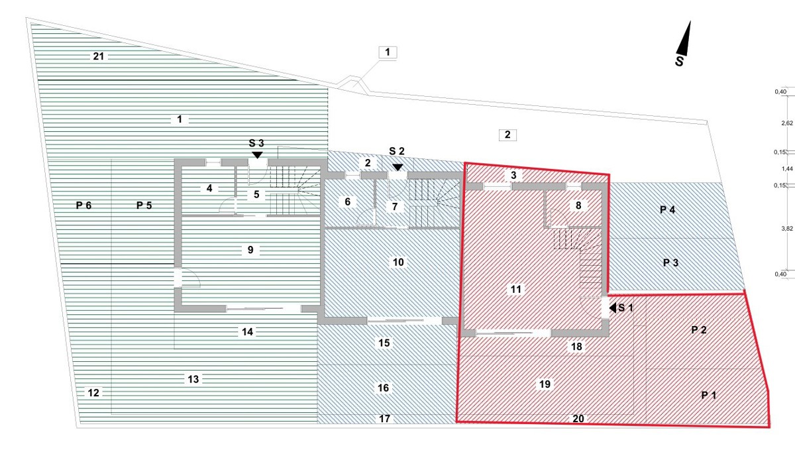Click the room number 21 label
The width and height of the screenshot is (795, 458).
[98, 56]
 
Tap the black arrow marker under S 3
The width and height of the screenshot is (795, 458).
[257, 155]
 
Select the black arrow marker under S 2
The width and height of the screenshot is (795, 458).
[398, 167]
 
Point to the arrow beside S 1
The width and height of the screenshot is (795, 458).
[613, 308]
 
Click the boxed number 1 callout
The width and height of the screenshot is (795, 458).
[388, 52]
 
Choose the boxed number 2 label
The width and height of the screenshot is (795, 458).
[507, 135]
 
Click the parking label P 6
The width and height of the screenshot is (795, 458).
[83, 205]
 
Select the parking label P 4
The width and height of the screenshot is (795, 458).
[667, 210]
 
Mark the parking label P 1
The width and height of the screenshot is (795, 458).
[709, 395]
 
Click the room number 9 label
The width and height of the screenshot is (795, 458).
[250, 250]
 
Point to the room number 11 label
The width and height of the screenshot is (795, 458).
[515, 290]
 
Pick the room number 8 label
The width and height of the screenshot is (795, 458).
[578, 205]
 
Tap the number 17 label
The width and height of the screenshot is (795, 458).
[385, 419]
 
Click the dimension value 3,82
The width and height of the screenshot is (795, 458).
[787, 229]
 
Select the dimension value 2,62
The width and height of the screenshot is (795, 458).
[787, 123]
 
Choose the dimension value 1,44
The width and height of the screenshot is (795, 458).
[787, 168]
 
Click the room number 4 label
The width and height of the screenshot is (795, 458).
[209, 188]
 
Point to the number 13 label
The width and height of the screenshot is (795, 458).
[193, 379]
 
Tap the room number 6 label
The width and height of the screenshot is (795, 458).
[347, 201]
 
